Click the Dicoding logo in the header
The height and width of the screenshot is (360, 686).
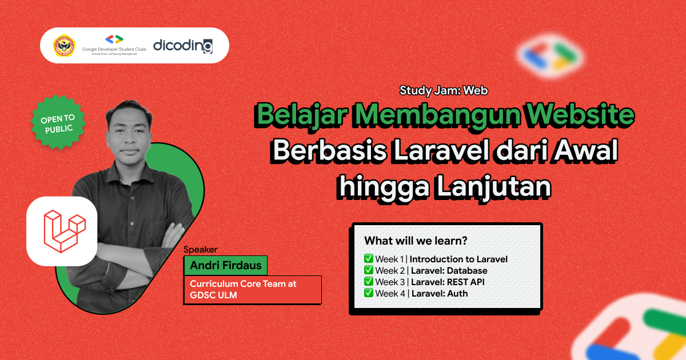click(183, 46)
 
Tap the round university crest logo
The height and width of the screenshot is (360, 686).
click(64, 46)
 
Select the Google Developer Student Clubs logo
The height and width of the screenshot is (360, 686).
click(114, 45)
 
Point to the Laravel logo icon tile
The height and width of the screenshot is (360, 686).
click(61, 231)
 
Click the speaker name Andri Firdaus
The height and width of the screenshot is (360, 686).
click(225, 266)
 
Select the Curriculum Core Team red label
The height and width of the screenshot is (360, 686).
click(252, 290)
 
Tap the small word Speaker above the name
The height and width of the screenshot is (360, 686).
click(201, 249)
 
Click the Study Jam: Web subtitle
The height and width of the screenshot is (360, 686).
click(444, 90)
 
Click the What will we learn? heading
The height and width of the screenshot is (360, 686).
click(416, 241)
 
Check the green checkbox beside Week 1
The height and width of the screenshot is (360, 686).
click(369, 259)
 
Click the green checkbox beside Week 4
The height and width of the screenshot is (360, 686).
click(369, 293)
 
